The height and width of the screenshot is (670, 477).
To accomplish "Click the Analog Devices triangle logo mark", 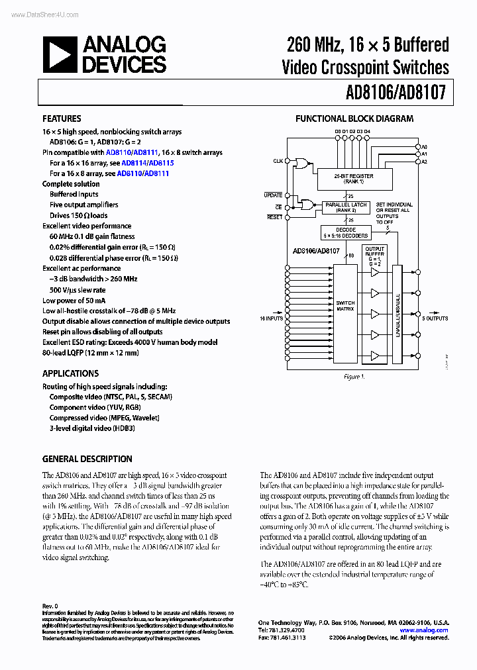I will (59, 55).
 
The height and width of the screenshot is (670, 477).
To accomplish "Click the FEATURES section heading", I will (62, 119).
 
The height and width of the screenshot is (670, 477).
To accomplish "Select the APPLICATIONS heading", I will (71, 373).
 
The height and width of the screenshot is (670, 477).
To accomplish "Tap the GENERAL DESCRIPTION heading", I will (87, 459).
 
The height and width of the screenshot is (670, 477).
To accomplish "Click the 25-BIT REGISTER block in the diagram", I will (354, 178).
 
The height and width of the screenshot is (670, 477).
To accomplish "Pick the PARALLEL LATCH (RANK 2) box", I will (346, 207).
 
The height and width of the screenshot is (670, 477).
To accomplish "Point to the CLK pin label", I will (277, 161).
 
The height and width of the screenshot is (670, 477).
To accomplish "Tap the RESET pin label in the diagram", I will (274, 217).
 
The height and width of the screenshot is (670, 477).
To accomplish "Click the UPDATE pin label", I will (273, 195).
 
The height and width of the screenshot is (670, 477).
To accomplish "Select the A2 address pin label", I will (425, 162).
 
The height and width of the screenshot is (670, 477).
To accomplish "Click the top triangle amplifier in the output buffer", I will (376, 272).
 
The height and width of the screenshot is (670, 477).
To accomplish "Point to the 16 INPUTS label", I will (272, 318).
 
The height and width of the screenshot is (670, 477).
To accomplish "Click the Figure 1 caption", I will (354, 376).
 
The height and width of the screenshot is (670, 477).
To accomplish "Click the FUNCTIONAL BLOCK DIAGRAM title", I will (354, 119).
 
